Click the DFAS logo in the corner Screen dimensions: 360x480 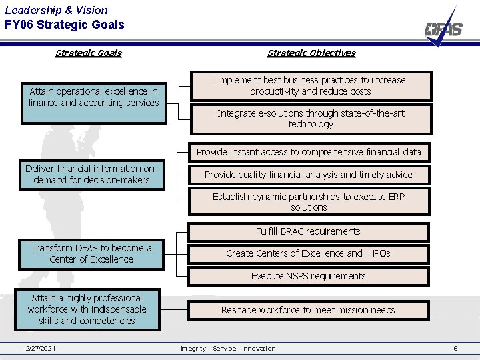pos(444,28)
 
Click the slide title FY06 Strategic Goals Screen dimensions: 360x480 pos(64,25)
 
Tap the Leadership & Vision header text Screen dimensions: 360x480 pos(56,9)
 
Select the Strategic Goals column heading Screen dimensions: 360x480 pos(88,53)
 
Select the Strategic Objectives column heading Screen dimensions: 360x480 pos(311,53)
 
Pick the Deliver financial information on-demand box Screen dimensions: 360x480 pos(92,174)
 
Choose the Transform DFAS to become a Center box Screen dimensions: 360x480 pos(91,254)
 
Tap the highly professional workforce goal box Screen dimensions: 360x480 pos(87,310)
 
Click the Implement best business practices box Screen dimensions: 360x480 pos(310,86)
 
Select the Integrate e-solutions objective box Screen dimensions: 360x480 pos(310,119)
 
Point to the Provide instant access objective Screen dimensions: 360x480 pos(309,152)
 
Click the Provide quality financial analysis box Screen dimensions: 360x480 pos(309,175)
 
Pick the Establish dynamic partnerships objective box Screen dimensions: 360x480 pos(309,201)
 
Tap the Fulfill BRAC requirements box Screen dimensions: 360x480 pos(308,231)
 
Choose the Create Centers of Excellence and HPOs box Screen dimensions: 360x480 pos(308,253)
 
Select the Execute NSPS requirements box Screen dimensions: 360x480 pos(308,276)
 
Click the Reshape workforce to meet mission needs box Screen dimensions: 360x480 pos(308,310)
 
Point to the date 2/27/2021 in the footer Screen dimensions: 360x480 pos(41,349)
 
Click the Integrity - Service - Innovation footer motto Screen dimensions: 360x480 pos(228,349)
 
